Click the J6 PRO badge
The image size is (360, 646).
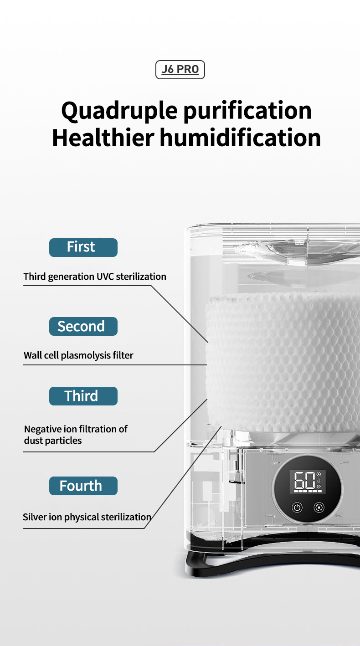180,70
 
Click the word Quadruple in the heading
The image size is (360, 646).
119,111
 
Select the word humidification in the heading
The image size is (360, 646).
240,138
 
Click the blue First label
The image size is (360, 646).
83,247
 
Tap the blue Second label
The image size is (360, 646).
83,327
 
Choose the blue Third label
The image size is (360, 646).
83,396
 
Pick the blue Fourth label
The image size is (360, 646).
83,486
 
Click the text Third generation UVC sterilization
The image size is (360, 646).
95,277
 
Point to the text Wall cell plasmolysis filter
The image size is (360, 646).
78,356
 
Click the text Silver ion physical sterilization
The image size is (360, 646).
87,517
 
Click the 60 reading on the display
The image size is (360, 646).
304,481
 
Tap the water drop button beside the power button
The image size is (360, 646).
319,508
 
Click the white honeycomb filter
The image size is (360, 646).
283,362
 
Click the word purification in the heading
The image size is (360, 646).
247,111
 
